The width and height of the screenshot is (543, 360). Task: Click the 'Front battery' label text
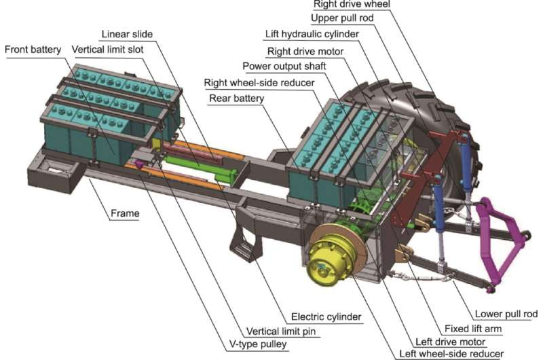pyautogui.click(x=33, y=50)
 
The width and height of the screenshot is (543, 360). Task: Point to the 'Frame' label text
pyautogui.click(x=125, y=213)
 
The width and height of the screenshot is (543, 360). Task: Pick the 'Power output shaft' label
pyautogui.click(x=282, y=65)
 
